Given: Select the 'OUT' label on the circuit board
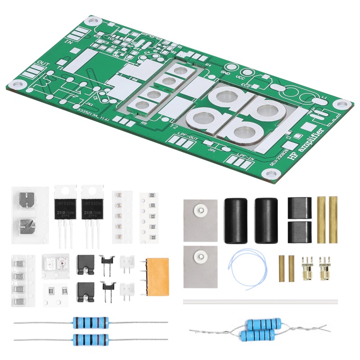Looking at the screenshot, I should tap(43, 63).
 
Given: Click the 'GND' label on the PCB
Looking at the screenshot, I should tap(225, 72).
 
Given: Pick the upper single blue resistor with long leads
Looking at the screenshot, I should tap(90, 322).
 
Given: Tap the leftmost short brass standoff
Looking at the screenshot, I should tap(281, 268).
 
